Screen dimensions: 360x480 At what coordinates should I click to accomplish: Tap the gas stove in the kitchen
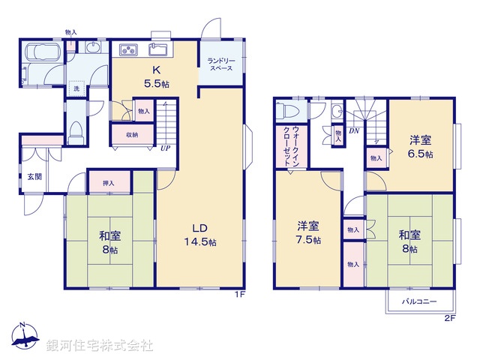(x=128, y=50)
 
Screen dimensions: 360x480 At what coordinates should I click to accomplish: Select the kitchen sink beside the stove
(x=159, y=50)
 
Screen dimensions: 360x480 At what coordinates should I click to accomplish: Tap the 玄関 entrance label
(x=34, y=176)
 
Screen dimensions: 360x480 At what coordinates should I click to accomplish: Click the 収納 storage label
(x=132, y=135)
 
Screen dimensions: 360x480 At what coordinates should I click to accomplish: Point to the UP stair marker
(x=164, y=148)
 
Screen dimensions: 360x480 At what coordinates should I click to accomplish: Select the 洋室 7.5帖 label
(x=308, y=232)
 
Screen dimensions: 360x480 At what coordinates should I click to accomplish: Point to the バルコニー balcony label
(x=419, y=301)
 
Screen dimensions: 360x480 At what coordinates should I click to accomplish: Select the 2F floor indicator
(x=450, y=318)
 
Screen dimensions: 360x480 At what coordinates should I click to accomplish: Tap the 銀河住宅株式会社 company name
(x=100, y=346)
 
